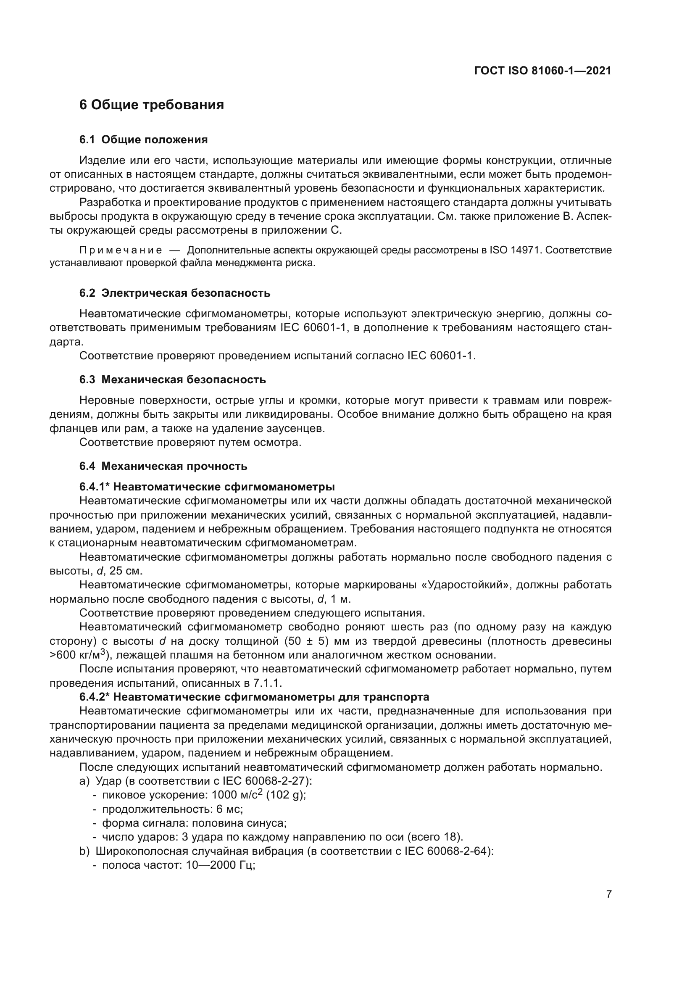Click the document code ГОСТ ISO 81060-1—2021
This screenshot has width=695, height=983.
tap(542, 71)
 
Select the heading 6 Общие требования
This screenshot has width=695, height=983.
tap(152, 105)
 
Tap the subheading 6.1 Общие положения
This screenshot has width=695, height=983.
tap(143, 140)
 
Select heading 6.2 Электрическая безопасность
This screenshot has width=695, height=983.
tap(175, 293)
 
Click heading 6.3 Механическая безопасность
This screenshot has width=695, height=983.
tap(172, 380)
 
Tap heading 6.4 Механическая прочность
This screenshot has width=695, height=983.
tap(163, 466)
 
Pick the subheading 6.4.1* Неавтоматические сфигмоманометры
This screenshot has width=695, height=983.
tap(207, 487)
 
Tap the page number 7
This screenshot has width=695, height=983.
tap(608, 895)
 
